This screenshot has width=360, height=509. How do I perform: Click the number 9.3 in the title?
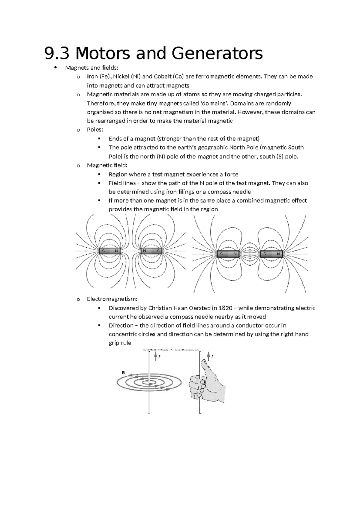click(x=56, y=53)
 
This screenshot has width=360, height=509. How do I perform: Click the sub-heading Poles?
click(x=95, y=130)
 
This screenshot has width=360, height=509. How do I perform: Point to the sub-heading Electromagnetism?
click(x=112, y=299)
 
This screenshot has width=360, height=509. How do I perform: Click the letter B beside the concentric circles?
click(x=123, y=372)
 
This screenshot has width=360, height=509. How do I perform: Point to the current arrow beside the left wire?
click(x=155, y=357)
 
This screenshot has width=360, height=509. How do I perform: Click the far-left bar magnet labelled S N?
click(x=110, y=251)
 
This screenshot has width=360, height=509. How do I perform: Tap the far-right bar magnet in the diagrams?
click(x=271, y=254)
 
